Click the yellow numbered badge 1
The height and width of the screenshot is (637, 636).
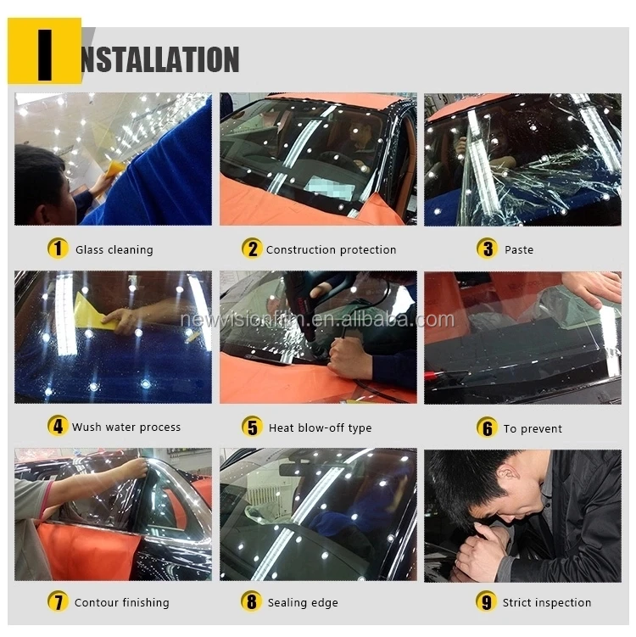pyautogui.click(x=58, y=249)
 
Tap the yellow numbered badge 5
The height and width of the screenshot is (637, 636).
pyautogui.click(x=252, y=427)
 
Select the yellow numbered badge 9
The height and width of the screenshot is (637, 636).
pyautogui.click(x=486, y=601)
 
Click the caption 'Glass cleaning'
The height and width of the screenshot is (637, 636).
pyautogui.click(x=114, y=249)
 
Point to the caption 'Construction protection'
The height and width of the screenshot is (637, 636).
pyautogui.click(x=331, y=249)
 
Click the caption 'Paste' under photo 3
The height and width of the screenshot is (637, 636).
pyautogui.click(x=519, y=249)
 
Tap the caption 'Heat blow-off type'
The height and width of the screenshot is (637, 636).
pyautogui.click(x=320, y=427)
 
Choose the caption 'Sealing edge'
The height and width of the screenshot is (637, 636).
pyautogui.click(x=303, y=602)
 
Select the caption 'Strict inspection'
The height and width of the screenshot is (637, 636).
pyautogui.click(x=547, y=602)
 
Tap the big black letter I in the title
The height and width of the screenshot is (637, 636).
pyautogui.click(x=45, y=55)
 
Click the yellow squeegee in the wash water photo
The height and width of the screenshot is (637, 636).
pyautogui.click(x=91, y=311)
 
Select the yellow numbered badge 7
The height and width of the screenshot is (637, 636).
pyautogui.click(x=58, y=601)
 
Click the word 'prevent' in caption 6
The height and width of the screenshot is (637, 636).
pyautogui.click(x=541, y=429)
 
